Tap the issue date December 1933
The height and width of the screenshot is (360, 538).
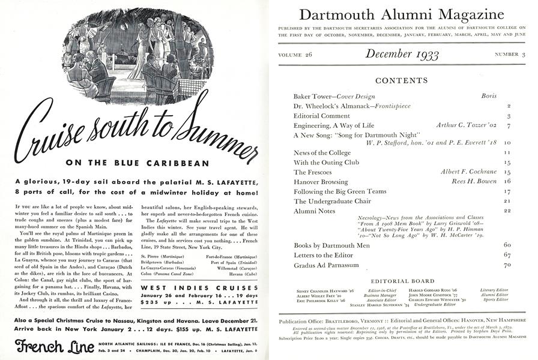point(402,55)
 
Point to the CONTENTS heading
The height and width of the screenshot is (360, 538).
point(402,80)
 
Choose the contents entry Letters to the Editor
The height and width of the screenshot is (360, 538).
point(323,255)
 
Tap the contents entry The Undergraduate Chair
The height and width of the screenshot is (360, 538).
point(331,201)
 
